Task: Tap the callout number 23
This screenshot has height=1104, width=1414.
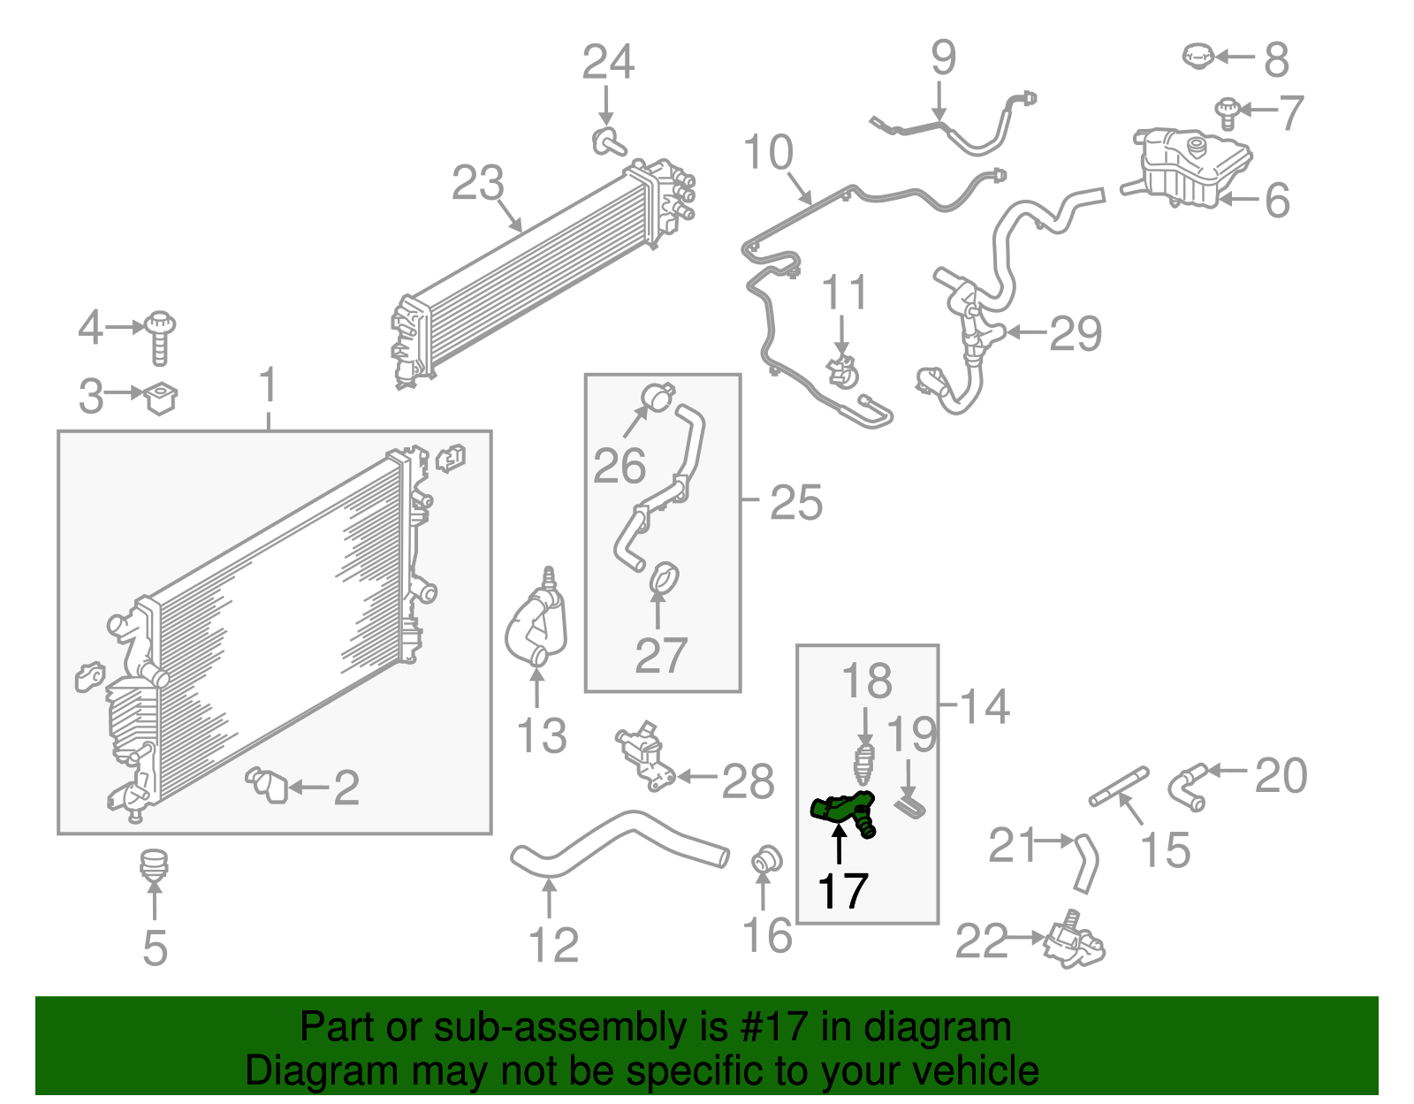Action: [477, 184]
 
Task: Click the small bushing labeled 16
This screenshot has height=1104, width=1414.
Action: [765, 858]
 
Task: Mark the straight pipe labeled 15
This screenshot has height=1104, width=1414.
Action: [1119, 786]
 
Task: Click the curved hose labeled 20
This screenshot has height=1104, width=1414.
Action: [1187, 785]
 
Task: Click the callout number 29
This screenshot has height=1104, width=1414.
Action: [1075, 333]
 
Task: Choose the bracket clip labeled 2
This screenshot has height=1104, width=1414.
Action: [269, 784]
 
